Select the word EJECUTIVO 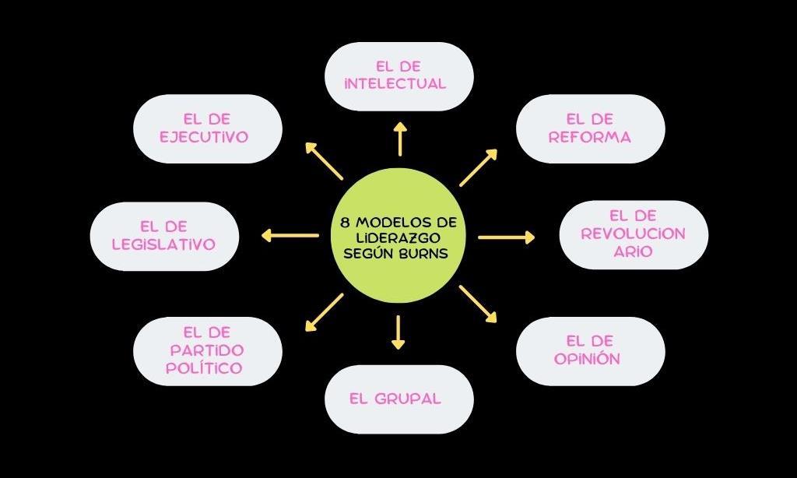pyautogui.click(x=204, y=137)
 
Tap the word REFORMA pyautogui.click(x=589, y=137)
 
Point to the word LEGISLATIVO pyautogui.click(x=163, y=244)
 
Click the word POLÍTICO pyautogui.click(x=204, y=367)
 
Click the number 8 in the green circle pyautogui.click(x=345, y=222)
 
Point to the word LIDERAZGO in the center pyautogui.click(x=398, y=237)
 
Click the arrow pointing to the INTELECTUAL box pyautogui.click(x=399, y=139)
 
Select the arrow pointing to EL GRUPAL pyautogui.click(x=398, y=331)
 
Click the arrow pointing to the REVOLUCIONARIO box pyautogui.click(x=507, y=237)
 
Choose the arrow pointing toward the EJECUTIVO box pyautogui.click(x=324, y=161)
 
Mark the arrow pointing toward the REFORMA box pyautogui.click(x=478, y=167)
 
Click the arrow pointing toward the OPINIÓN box pyautogui.click(x=478, y=304)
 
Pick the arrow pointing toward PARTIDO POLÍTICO pyautogui.click(x=324, y=312)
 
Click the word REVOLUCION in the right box pyautogui.click(x=633, y=234)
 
